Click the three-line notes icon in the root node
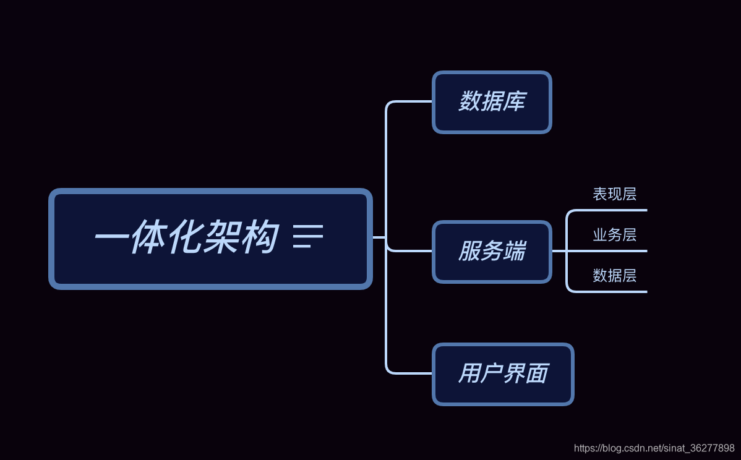click(x=307, y=237)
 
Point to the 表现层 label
click(x=614, y=194)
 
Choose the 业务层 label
click(x=614, y=235)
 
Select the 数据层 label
click(x=614, y=276)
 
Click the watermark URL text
click(x=654, y=448)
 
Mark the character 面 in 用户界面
click(x=537, y=373)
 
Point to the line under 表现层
click(x=612, y=210)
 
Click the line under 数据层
click(x=612, y=292)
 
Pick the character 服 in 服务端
click(x=469, y=251)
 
